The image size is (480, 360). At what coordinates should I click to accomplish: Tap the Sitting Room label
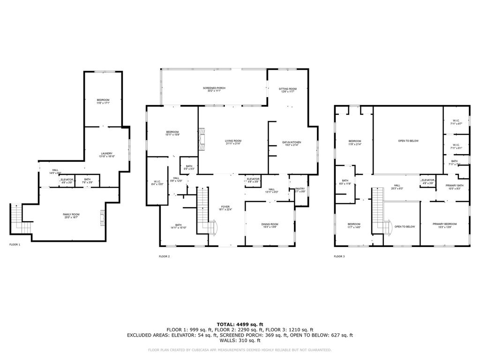288,89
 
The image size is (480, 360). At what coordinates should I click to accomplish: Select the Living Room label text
233,141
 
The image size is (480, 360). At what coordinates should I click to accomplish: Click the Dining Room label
270,225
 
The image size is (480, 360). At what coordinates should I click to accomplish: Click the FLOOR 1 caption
15,245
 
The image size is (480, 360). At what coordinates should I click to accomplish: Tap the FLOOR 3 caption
339,256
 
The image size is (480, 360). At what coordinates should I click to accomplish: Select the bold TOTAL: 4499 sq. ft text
240,324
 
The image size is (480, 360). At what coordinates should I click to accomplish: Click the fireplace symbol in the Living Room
202,139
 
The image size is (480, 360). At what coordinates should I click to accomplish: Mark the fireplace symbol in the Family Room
102,217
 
